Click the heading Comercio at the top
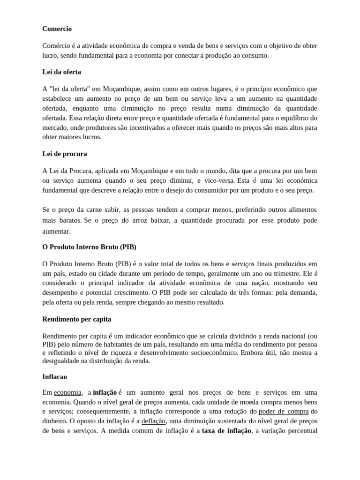[57, 29]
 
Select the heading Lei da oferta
[61, 72]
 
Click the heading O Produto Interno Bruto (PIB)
[89, 246]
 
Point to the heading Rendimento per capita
[76, 319]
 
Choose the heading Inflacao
[56, 376]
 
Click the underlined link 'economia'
[68, 392]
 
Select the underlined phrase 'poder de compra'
[284, 411]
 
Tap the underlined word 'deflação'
[154, 421]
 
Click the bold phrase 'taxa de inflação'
[227, 431]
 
